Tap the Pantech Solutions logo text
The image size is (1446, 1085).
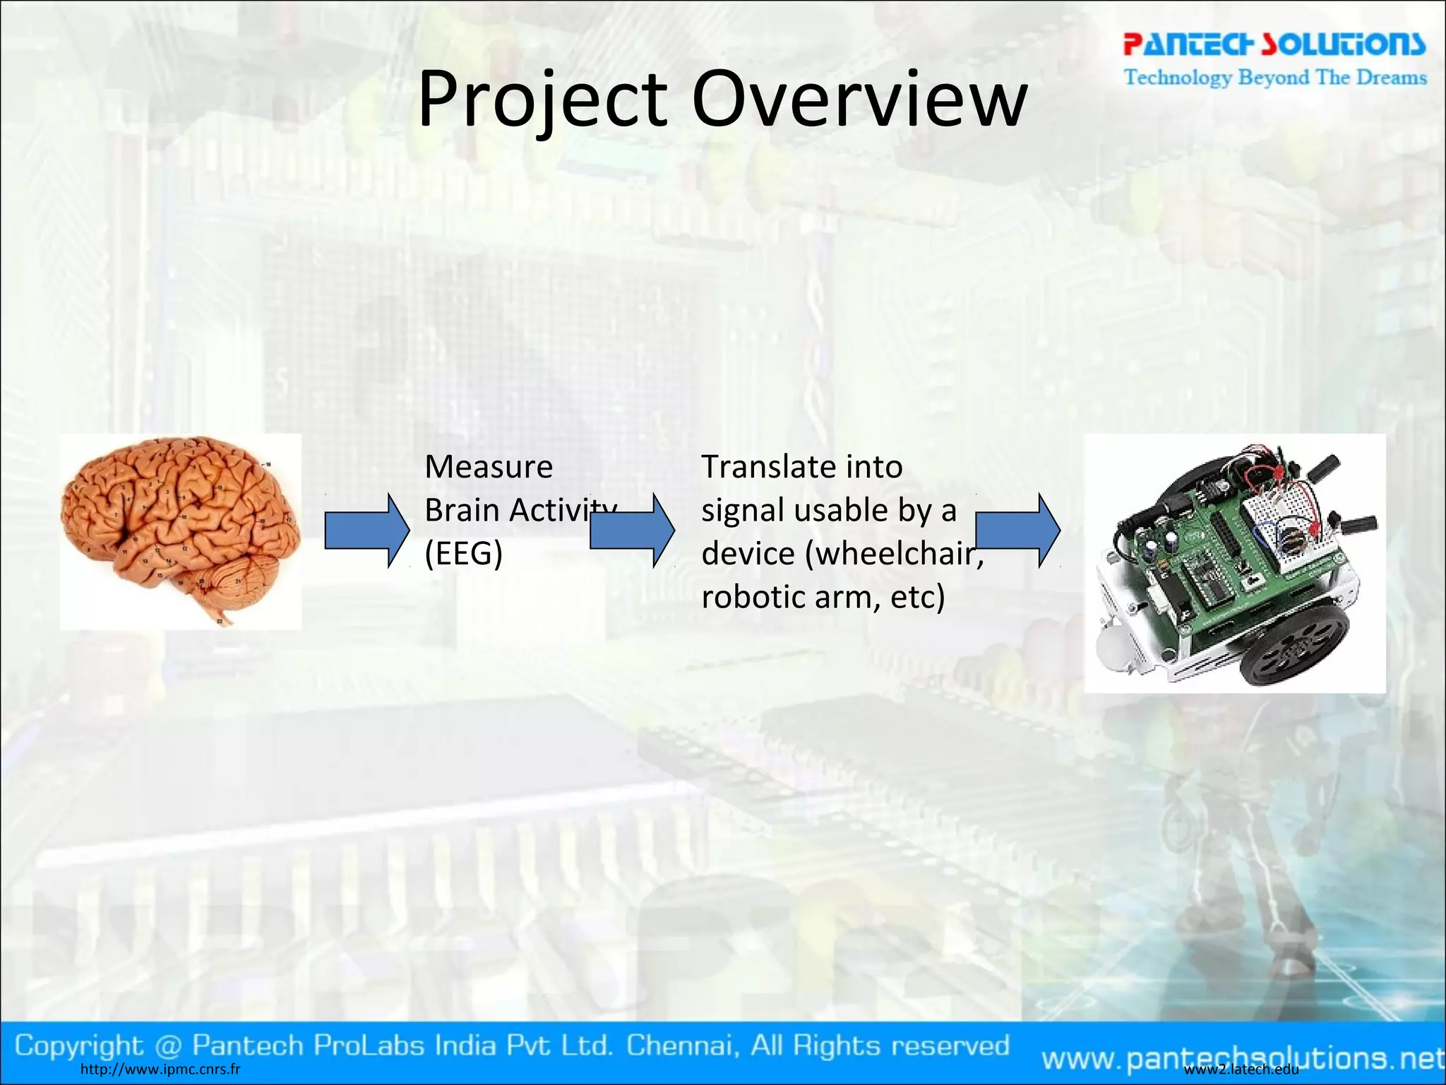pyautogui.click(x=1274, y=44)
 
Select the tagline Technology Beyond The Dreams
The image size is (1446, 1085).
pyautogui.click(x=1275, y=77)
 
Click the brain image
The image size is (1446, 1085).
pyautogui.click(x=180, y=530)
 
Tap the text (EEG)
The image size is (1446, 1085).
pyautogui.click(x=463, y=554)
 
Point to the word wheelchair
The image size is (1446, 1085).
pyautogui.click(x=894, y=554)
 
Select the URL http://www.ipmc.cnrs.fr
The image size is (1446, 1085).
pyautogui.click(x=160, y=1069)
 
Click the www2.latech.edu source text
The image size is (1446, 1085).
pyautogui.click(x=1241, y=1069)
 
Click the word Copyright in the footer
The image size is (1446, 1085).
pyautogui.click(x=78, y=1045)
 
